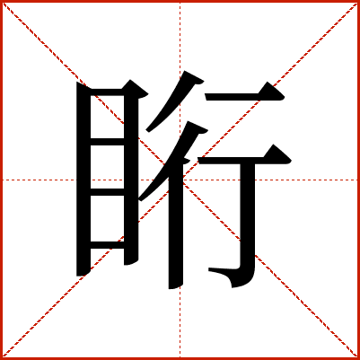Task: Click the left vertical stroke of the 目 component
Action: coord(83,180)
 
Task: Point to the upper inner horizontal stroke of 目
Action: coord(108,142)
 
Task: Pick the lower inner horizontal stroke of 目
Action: coord(108,192)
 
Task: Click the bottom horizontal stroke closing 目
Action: coord(108,245)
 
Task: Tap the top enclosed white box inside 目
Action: coord(108,117)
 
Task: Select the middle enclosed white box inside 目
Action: coord(108,167)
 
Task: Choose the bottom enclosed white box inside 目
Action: coord(108,218)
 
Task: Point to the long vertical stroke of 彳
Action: coord(176,231)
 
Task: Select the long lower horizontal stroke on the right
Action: coord(244,160)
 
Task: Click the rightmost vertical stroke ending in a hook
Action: coord(247,222)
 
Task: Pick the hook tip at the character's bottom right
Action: coord(209,269)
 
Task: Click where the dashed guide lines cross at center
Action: coord(180,180)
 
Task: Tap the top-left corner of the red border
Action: coord(1,1)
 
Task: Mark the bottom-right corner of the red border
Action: coord(359,359)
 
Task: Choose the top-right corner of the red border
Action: coord(359,1)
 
